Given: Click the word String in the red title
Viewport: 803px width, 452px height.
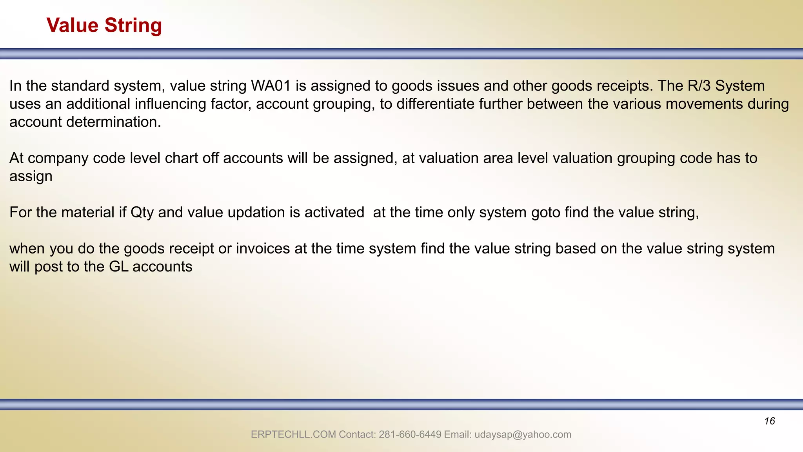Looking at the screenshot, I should (133, 26).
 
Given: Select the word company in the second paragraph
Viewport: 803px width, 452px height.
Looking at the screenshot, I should (58, 158).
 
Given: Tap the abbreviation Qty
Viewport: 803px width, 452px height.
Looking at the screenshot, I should (142, 213).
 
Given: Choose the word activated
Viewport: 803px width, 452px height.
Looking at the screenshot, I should (334, 212).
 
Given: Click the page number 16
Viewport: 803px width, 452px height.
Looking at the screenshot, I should (769, 421).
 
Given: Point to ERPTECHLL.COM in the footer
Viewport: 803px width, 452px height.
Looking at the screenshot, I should (293, 435).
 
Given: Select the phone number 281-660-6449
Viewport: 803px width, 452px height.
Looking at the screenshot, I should (410, 435).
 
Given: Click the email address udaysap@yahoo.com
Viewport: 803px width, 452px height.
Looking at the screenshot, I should (523, 435).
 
